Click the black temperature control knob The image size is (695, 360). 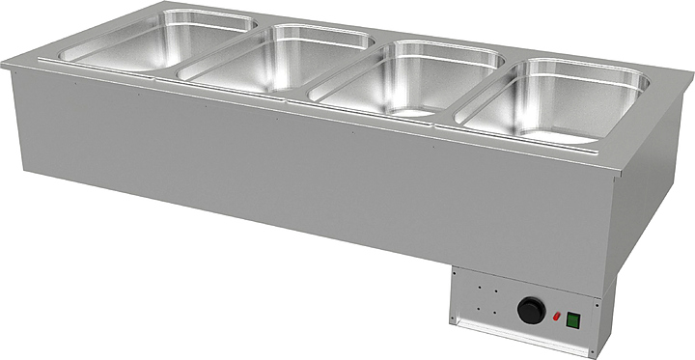(531, 311)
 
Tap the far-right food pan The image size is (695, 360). (554, 100)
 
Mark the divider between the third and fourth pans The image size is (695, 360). (478, 91)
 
